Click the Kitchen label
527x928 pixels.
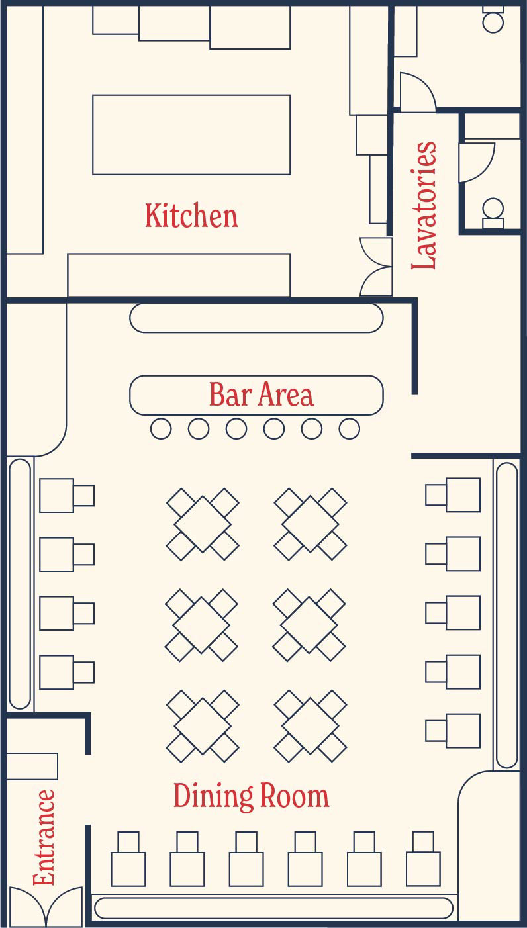(x=191, y=215)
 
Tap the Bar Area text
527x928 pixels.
(x=261, y=394)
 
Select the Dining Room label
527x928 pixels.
(x=251, y=796)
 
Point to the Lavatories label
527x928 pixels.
(x=424, y=205)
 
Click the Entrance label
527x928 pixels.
(x=44, y=837)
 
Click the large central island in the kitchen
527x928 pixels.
(x=191, y=134)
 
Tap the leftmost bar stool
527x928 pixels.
(x=161, y=428)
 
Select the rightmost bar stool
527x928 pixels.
(x=350, y=428)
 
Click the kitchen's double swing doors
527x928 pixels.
(x=376, y=266)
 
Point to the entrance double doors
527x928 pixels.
(x=46, y=906)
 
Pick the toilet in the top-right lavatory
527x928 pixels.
(x=493, y=19)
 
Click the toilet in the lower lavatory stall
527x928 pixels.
(x=493, y=213)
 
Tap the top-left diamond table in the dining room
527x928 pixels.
(x=203, y=524)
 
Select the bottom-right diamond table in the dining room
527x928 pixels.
(x=311, y=726)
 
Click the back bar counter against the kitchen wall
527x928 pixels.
(x=256, y=318)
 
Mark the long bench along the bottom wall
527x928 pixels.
(x=274, y=907)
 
